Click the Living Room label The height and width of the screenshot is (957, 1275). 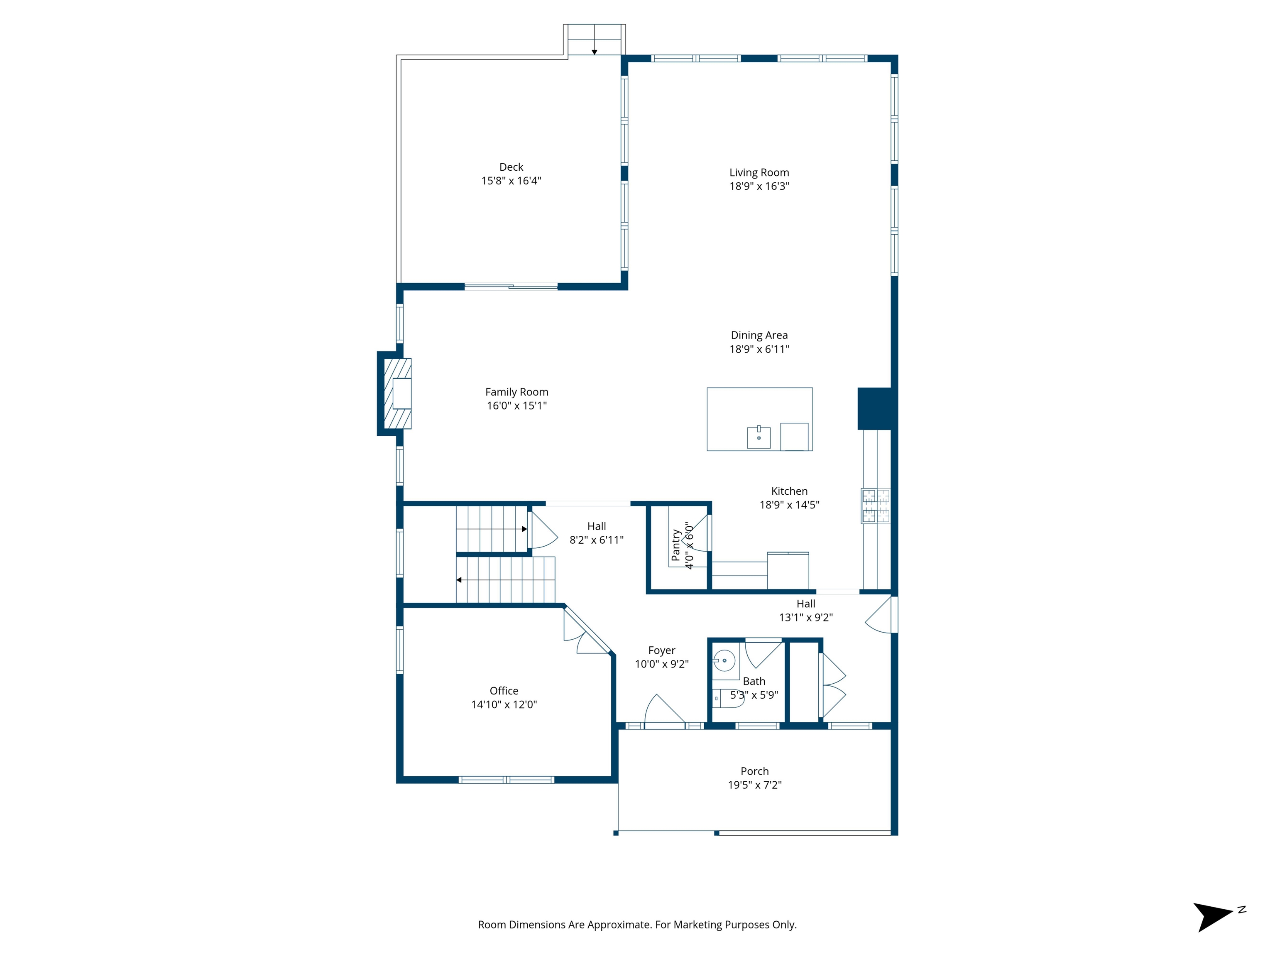[759, 172]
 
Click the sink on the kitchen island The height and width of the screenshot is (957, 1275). [759, 437]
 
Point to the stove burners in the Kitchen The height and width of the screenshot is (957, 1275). [875, 505]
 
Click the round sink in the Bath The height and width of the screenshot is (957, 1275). [724, 660]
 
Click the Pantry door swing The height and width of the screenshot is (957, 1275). [696, 535]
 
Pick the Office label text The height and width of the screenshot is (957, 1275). [504, 691]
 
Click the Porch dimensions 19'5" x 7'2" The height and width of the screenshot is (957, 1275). [754, 785]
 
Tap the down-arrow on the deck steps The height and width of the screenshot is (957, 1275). [594, 52]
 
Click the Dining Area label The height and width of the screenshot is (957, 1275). [759, 335]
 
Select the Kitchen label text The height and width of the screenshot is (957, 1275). [789, 491]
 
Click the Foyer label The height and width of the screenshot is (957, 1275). [661, 650]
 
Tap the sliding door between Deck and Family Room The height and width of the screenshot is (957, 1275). [511, 287]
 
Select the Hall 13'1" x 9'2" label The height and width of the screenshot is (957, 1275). [805, 611]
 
